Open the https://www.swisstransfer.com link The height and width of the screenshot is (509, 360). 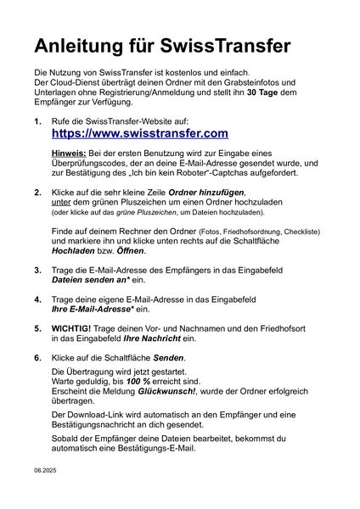pos(140,133)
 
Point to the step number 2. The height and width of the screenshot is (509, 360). pos(38,193)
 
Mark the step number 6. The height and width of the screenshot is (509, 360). pos(38,358)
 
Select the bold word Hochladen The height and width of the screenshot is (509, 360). pos(78,251)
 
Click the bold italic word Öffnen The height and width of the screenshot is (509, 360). pos(133,251)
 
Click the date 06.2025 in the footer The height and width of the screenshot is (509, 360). pos(44,468)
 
